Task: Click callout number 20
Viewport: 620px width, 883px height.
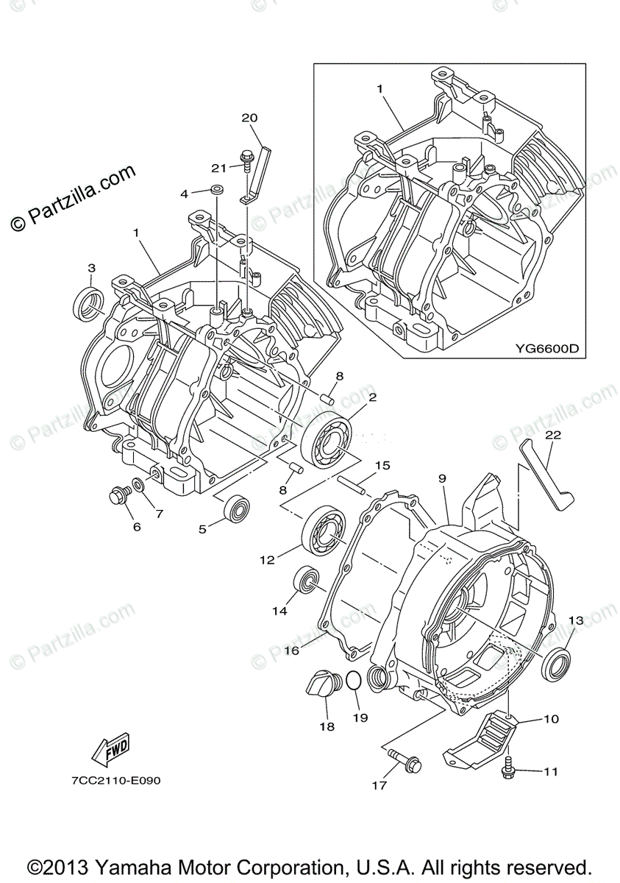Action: pos(249,118)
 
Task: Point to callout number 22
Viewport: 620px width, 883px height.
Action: pos(552,435)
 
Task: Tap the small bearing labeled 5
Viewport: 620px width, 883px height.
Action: pos(236,508)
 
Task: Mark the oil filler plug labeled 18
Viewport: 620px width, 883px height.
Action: pos(321,686)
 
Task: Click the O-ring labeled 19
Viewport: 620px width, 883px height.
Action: pos(353,681)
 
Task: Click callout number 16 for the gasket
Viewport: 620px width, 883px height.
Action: pos(291,650)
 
